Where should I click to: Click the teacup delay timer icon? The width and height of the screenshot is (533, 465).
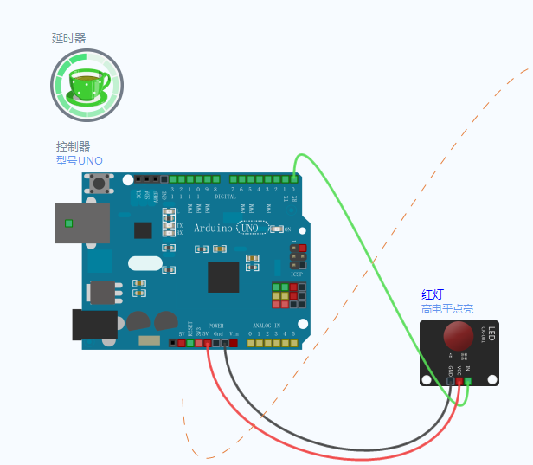87,85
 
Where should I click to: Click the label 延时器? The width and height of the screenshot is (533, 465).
68,38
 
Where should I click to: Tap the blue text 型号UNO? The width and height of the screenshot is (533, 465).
80,160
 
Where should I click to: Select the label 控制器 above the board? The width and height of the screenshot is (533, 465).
74,146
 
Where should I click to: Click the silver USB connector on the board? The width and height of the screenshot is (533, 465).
81,223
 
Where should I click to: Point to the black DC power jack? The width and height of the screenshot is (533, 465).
94,324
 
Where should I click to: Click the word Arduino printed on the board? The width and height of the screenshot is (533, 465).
213,228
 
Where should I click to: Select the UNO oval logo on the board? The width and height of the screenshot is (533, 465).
254,228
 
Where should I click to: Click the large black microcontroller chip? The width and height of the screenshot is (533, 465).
223,277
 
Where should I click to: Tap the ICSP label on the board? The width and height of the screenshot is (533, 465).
297,274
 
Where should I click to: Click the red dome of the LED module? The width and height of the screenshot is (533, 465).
459,336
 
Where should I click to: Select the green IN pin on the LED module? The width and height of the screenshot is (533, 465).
468,381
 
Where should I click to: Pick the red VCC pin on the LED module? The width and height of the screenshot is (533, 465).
459,381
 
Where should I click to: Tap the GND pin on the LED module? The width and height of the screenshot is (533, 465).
451,381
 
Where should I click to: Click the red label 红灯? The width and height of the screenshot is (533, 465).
433,295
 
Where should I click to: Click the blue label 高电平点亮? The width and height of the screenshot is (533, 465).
447,309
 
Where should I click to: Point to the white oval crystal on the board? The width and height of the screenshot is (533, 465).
144,262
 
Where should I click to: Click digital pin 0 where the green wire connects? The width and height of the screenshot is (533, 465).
294,178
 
